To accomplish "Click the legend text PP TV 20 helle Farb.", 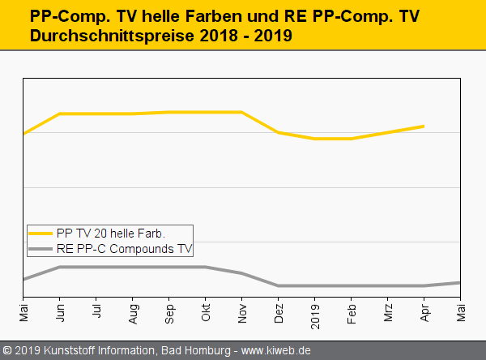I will tap(111, 234).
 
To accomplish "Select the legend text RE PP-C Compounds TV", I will tap(124, 249).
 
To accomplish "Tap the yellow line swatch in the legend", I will tap(40, 234).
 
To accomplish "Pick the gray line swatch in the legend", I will tap(40, 249).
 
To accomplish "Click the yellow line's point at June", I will tap(61, 114).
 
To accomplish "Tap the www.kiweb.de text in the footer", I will tap(276, 350).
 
